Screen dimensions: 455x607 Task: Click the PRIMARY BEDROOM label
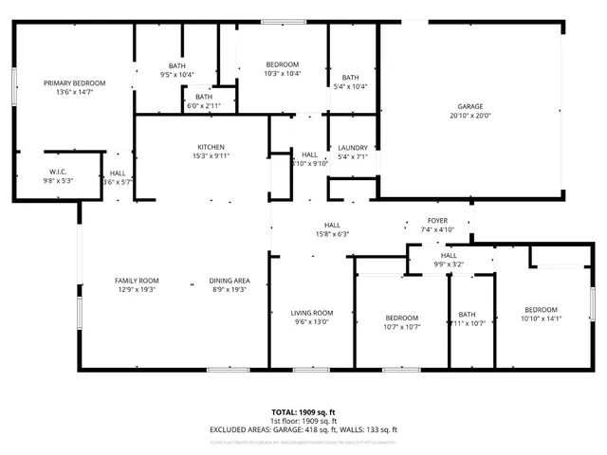coord(74,83)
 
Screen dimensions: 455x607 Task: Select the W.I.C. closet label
coord(56,172)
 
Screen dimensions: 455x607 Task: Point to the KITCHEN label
coord(211,147)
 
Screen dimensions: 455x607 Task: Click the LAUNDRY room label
coord(352,147)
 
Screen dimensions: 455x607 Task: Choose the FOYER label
coord(438,220)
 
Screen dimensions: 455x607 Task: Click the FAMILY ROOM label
coord(137,281)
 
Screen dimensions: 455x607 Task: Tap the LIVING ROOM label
coord(311,313)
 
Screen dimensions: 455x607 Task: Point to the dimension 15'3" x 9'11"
coord(211,155)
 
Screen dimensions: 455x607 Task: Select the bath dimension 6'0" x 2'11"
coord(204,105)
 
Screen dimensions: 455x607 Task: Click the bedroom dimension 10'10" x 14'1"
coord(542,318)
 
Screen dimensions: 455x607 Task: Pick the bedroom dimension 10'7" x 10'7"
coord(401,327)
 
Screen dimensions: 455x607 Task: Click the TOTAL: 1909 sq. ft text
coord(303,412)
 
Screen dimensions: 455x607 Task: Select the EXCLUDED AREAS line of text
coord(303,429)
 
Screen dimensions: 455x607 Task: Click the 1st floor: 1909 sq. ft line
coord(303,421)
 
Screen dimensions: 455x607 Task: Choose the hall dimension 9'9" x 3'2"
coord(449,264)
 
